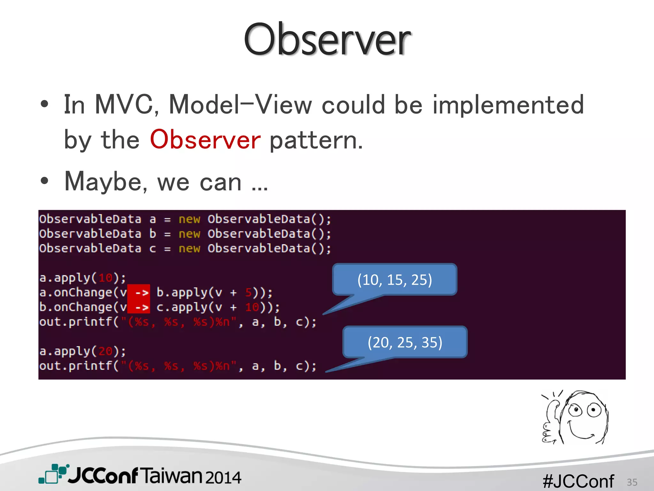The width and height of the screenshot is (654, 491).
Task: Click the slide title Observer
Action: (x=327, y=40)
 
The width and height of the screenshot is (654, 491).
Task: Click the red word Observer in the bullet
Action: (x=205, y=140)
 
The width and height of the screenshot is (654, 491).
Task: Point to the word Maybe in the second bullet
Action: (x=103, y=182)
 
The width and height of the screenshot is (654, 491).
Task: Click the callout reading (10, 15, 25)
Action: (x=395, y=279)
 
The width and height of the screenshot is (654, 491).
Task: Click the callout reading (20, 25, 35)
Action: (x=405, y=342)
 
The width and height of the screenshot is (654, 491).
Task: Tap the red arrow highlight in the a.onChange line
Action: (x=139, y=292)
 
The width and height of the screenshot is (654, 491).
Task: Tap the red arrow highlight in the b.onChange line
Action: (x=139, y=307)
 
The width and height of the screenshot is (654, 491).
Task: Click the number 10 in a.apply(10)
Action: (x=105, y=278)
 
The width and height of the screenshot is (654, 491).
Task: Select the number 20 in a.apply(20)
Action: (x=105, y=351)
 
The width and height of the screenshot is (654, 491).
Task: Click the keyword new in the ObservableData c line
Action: (x=189, y=248)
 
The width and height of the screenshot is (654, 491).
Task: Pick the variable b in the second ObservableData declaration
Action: (x=153, y=234)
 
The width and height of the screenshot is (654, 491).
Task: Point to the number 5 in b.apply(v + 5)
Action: (x=248, y=292)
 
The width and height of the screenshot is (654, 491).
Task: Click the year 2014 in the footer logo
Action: (x=223, y=477)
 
